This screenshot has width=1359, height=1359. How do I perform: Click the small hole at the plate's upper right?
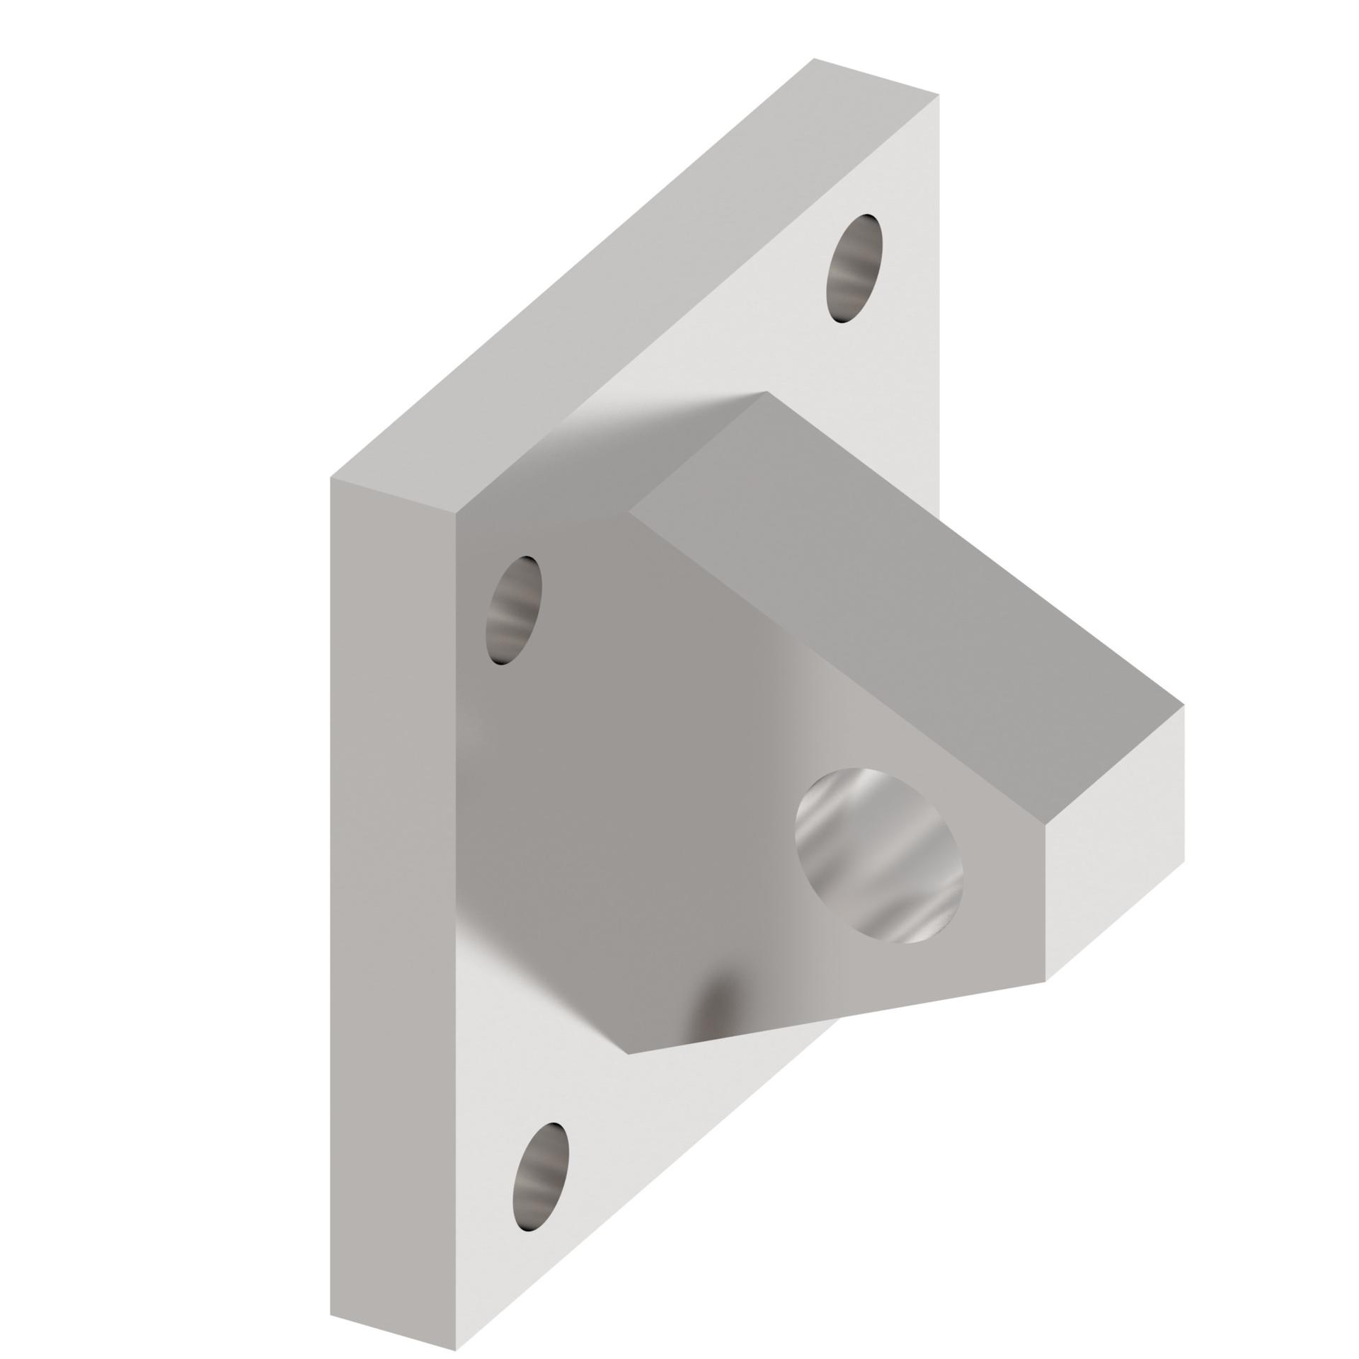point(854,269)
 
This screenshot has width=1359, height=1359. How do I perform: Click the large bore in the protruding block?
point(878,856)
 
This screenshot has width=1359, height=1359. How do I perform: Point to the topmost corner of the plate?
point(814,59)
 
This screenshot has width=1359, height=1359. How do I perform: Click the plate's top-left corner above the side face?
point(331,477)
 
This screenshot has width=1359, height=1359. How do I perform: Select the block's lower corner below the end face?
point(1046,980)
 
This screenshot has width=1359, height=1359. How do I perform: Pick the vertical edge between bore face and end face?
point(1046,902)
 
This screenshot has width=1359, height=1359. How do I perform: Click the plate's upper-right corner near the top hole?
point(939,94)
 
